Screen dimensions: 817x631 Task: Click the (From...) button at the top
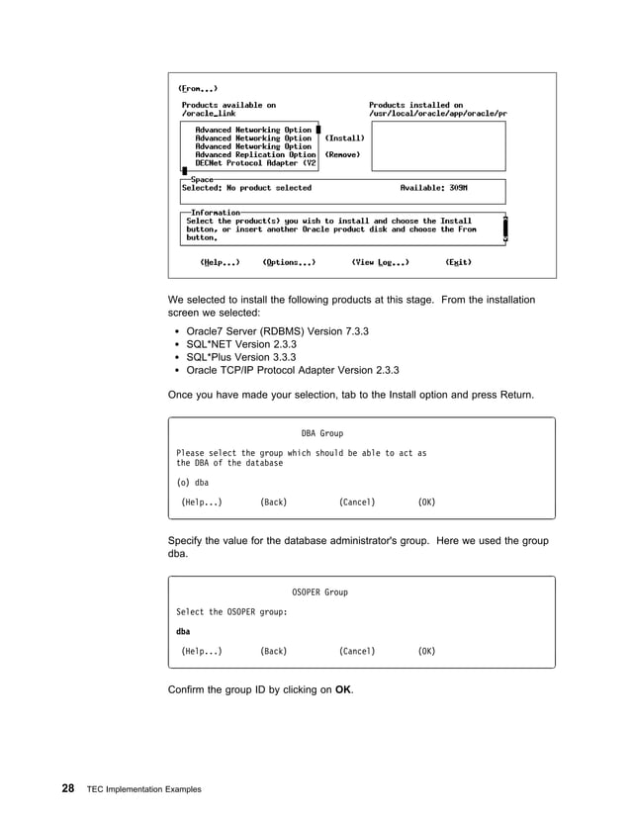tap(198, 87)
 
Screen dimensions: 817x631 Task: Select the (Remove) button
tap(342, 154)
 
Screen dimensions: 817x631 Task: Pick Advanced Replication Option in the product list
tap(255, 154)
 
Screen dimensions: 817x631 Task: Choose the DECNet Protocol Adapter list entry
tap(255, 163)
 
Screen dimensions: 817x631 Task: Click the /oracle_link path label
tap(209, 114)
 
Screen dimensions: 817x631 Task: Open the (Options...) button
tap(289, 262)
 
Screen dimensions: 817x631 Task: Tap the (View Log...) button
tap(381, 262)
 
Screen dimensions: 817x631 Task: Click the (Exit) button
tap(458, 262)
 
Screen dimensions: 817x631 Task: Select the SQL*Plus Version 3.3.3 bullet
tap(241, 357)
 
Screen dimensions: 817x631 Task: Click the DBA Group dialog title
tap(321, 433)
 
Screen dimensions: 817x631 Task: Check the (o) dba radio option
tap(192, 483)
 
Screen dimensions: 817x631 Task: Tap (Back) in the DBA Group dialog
tap(273, 502)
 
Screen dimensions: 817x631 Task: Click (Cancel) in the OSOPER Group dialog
tap(356, 651)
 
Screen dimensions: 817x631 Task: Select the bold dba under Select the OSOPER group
tap(183, 631)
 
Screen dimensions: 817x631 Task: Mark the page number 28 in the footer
tap(67, 788)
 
